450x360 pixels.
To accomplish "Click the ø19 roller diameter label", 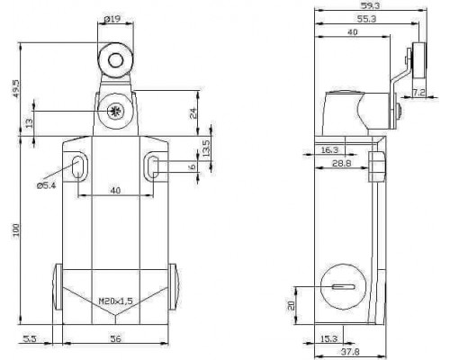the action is click(x=112, y=20).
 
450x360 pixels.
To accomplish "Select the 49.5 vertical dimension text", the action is click(x=15, y=88).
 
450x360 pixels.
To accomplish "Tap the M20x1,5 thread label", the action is click(x=116, y=301).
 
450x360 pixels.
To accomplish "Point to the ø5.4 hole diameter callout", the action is click(x=46, y=185).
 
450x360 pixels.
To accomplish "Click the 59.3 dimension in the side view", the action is click(x=371, y=5).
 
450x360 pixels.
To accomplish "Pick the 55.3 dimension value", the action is click(x=366, y=19).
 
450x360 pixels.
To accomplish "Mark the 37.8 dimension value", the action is click(x=350, y=351).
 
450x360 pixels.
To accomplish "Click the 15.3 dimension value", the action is click(x=328, y=339).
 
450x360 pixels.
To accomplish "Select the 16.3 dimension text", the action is click(x=329, y=150).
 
